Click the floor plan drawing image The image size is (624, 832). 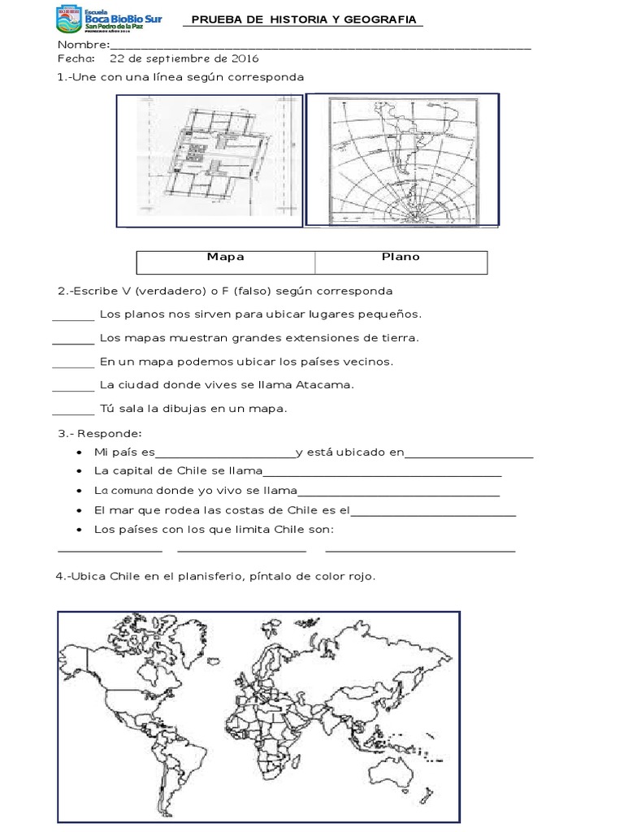tap(209, 161)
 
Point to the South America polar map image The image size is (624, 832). tap(402, 160)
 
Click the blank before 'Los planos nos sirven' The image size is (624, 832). tap(73, 318)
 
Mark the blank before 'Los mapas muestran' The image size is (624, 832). tap(73, 342)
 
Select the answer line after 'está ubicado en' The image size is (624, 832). tap(469, 457)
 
